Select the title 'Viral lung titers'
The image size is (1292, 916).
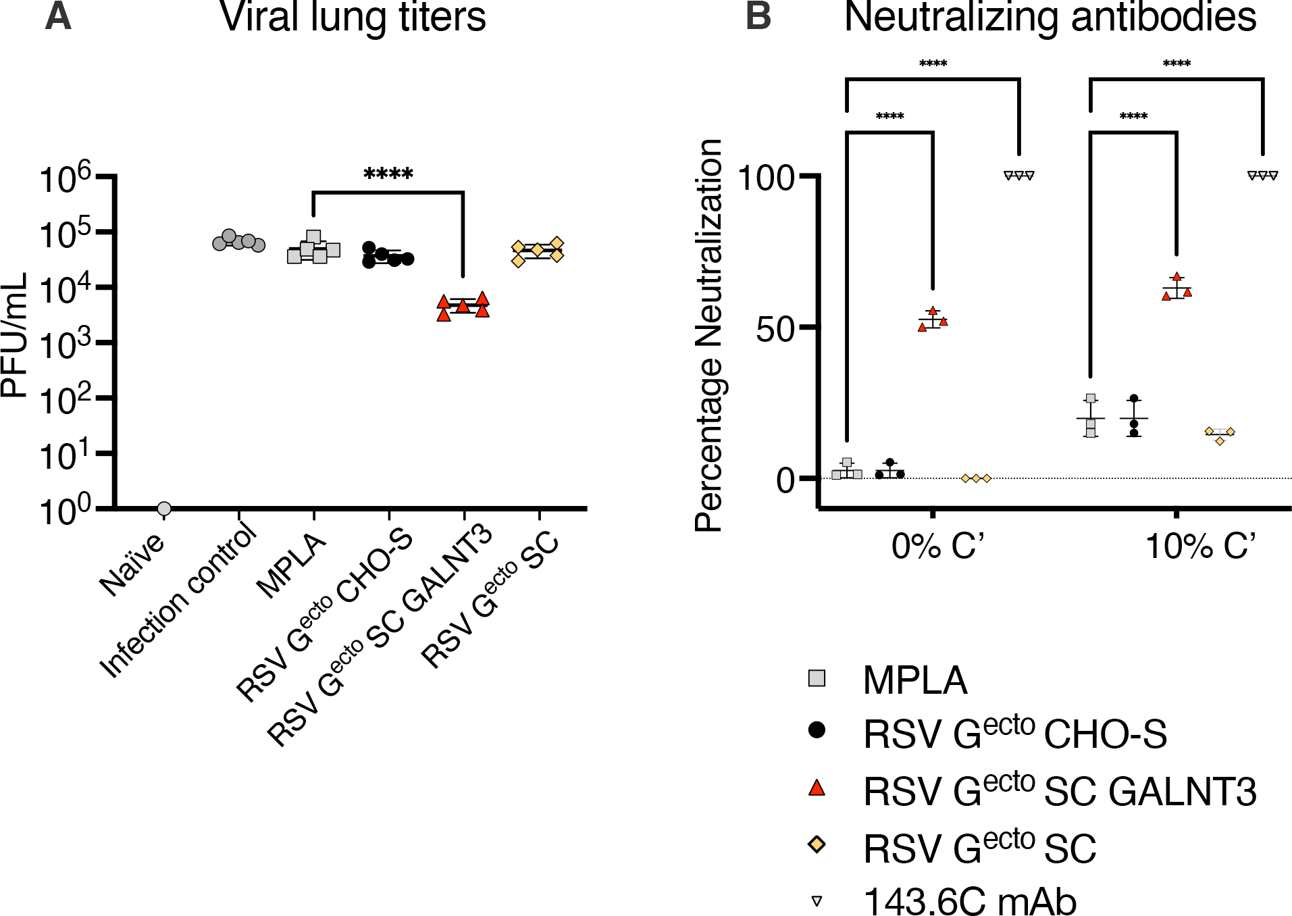[353, 18]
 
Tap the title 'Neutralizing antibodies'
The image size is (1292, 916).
[1050, 18]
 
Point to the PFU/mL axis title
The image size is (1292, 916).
[15, 335]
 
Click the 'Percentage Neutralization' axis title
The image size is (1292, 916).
[709, 335]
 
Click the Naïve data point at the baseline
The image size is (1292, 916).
[163, 508]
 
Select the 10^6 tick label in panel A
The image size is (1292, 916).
[66, 178]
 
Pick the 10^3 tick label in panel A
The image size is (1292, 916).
[66, 345]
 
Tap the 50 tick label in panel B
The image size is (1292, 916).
[775, 330]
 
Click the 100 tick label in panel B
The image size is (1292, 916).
[766, 178]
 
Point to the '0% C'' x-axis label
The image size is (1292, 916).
[937, 546]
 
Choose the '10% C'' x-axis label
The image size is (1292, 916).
[1201, 546]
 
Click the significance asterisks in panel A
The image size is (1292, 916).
[388, 174]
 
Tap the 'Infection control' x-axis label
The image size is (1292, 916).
[179, 601]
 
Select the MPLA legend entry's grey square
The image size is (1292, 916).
[817, 678]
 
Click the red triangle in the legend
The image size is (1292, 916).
[817, 788]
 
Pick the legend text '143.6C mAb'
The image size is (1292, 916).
[970, 901]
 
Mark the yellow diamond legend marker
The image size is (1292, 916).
[817, 844]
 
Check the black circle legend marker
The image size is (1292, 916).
[817, 730]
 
